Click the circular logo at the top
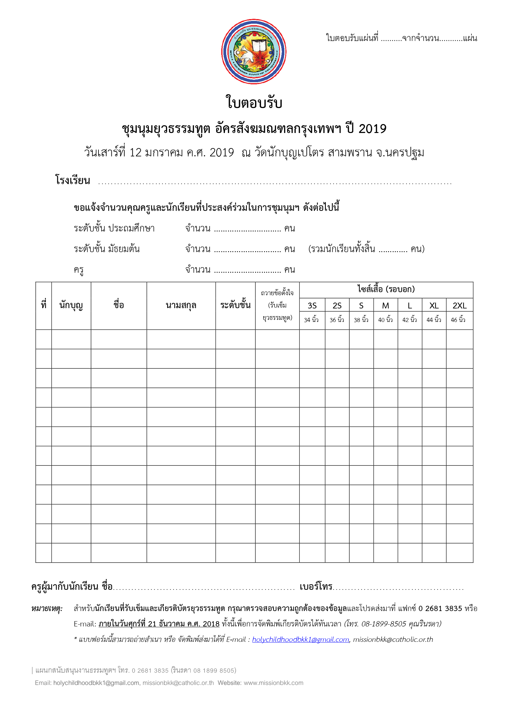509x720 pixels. click(254, 52)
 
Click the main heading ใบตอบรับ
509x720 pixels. click(254, 103)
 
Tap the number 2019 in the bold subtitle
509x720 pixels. click(372, 129)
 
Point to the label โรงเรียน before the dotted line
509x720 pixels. click(73, 180)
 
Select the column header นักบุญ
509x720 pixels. click(71, 305)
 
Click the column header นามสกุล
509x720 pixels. click(181, 305)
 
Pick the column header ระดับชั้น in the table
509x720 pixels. click(235, 305)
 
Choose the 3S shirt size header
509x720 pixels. click(312, 305)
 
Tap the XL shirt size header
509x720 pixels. click(434, 305)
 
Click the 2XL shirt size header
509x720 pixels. click(459, 305)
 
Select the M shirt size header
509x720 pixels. click(385, 305)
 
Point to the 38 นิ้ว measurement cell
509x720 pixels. click(361, 320)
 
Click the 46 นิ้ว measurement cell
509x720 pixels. click(458, 320)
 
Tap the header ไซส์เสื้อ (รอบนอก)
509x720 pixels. click(386, 289)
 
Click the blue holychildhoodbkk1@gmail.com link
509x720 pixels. click(300, 639)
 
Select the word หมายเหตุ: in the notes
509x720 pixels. click(47, 608)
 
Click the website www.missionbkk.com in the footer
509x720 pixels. click(273, 683)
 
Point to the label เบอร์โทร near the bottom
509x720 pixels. click(316, 586)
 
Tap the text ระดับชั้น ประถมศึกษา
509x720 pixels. click(114, 228)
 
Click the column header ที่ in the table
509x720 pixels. click(44, 305)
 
